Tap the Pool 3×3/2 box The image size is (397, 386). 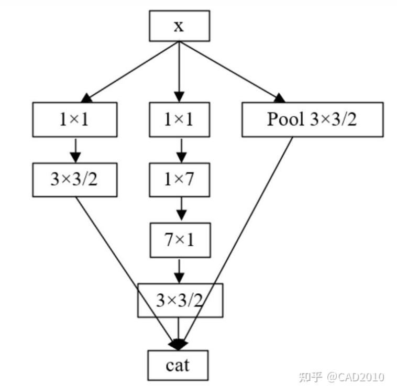pos(313,120)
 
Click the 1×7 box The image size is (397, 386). pos(179,180)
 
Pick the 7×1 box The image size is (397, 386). pos(179,240)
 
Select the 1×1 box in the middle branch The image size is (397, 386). pos(179,120)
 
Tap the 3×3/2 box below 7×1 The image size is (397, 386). pos(180,300)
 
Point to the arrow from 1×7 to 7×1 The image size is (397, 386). pos(180,209)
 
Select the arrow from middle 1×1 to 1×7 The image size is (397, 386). pos(180,150)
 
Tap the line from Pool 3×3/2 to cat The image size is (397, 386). pos(241,236)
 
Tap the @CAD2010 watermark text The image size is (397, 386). pos(356,377)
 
